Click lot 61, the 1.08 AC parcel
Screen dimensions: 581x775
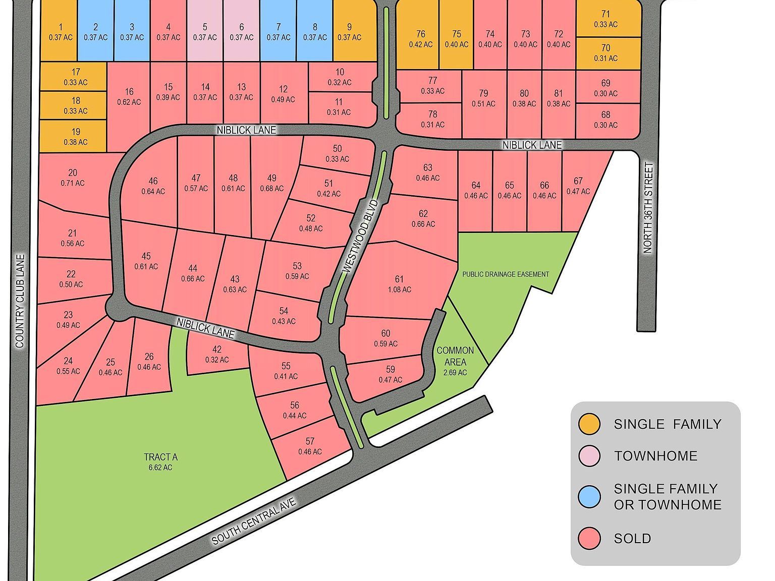399,284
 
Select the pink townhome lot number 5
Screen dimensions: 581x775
205,32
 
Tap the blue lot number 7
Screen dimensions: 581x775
279,32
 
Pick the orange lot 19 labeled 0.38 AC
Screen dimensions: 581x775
75,137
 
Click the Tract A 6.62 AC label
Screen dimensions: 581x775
160,461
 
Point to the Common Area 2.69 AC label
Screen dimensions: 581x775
455,361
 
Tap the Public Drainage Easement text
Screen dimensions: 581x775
506,274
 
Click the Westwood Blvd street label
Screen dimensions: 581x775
360,237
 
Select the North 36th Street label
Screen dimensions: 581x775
648,207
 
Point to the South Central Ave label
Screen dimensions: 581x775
254,521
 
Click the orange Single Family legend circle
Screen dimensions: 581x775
589,424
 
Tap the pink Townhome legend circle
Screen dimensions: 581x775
589,455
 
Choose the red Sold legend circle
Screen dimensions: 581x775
589,538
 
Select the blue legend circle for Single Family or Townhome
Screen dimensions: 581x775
589,496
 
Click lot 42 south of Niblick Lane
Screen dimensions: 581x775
217,355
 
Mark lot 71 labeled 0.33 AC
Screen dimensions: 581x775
605,19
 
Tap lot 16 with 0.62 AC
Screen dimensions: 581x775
129,96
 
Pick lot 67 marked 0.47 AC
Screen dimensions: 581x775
578,186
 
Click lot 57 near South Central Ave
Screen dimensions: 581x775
310,446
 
